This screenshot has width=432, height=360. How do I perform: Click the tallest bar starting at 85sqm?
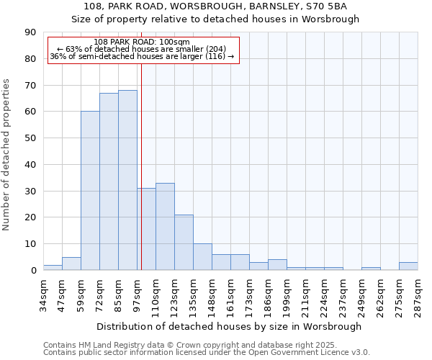pos(127,180)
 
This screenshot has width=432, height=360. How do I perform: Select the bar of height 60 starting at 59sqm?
pos(90,191)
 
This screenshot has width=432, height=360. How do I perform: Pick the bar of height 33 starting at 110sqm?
pos(165,226)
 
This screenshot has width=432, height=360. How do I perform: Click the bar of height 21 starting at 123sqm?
pos(184,242)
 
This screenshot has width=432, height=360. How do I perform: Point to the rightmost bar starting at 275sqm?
pos(408,266)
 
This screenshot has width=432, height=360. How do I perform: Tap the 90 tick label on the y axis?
pos(30,32)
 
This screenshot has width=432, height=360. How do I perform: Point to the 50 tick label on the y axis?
pos(30,138)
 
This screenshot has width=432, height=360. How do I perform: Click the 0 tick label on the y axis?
pos(33,271)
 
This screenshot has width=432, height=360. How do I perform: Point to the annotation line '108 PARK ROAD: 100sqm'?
pos(142,42)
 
